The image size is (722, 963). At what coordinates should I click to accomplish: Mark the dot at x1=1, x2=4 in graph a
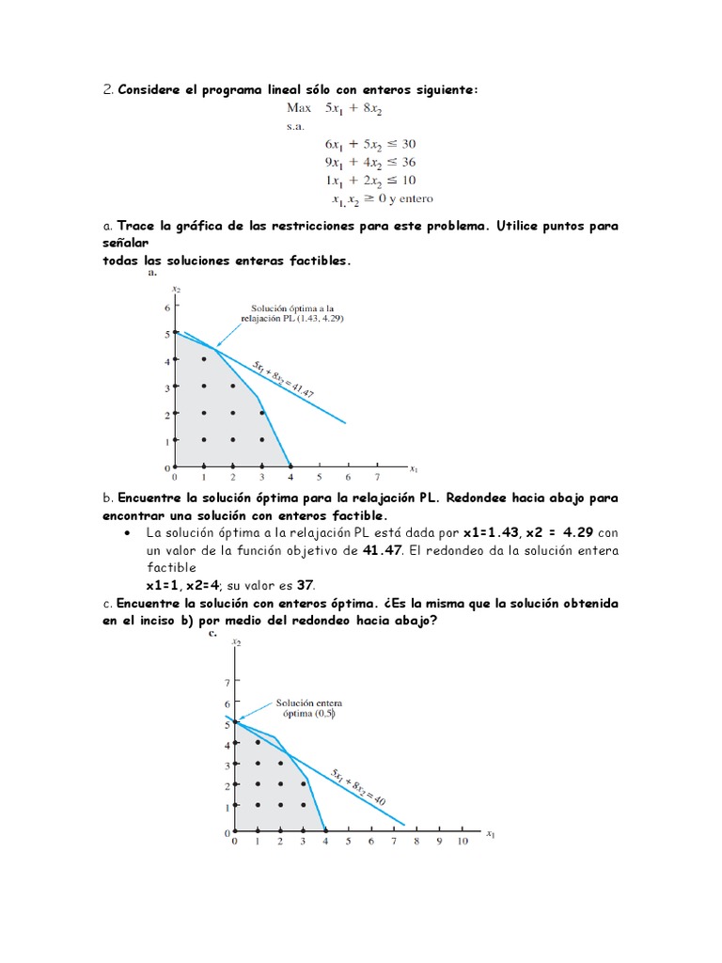coord(204,359)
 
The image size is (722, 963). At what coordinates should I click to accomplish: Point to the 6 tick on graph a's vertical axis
coord(167,308)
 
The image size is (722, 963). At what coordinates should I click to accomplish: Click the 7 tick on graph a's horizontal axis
coord(377,477)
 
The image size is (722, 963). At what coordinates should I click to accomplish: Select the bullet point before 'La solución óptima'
coord(127,532)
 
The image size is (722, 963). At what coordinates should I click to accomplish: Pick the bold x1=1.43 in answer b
coord(489,532)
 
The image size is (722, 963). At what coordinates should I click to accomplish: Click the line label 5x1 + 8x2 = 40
coord(357,786)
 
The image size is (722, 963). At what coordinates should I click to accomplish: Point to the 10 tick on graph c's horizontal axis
coord(463,842)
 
